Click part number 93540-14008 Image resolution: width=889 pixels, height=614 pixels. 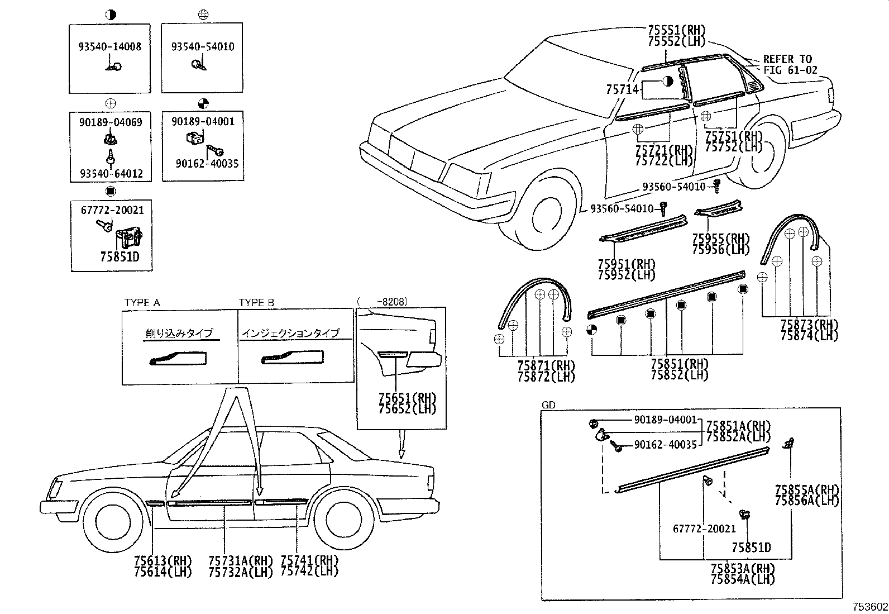[109, 47]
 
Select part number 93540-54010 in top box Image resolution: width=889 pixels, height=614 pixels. [203, 47]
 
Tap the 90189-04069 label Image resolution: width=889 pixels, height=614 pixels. [109, 122]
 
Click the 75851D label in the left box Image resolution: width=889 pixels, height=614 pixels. [120, 257]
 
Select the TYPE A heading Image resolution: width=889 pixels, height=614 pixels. [142, 303]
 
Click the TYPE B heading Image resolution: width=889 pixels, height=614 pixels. [256, 303]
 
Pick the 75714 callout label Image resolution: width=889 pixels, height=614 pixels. [622, 89]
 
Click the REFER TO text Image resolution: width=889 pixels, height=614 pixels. [787, 59]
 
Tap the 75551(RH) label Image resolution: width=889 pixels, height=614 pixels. [677, 31]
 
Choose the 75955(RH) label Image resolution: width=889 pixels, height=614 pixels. [720, 239]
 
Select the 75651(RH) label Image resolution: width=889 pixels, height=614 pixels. [407, 398]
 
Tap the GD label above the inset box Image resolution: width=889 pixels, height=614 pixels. [548, 405]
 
